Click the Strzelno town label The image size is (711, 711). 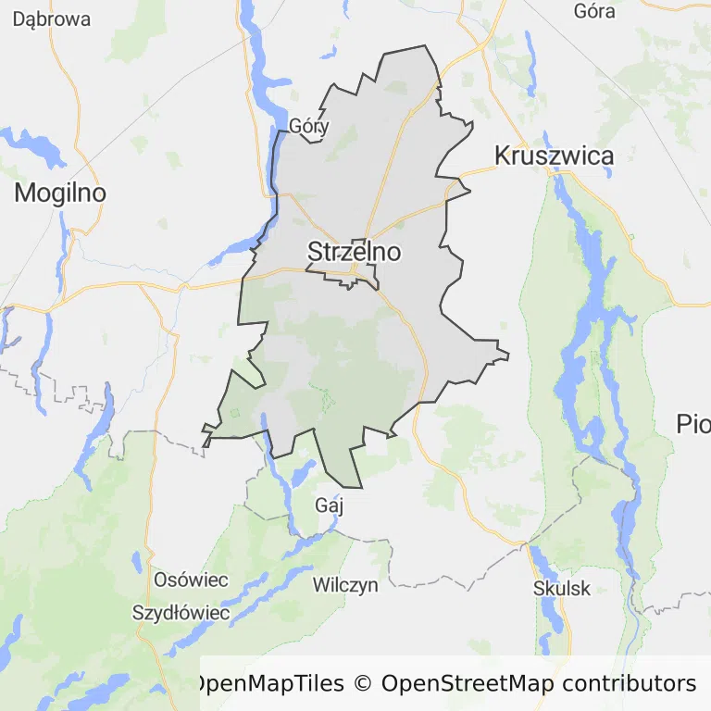click(354, 251)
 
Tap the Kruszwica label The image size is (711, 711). click(554, 156)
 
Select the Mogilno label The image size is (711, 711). click(60, 193)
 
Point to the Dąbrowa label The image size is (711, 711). click(52, 18)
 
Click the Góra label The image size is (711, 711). click(594, 11)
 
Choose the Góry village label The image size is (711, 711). click(309, 126)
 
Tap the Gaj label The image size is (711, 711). click(330, 505)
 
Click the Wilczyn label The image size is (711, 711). click(345, 584)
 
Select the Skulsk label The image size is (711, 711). click(562, 588)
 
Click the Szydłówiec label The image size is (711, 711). click(181, 612)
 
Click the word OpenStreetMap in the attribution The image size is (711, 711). click(468, 684)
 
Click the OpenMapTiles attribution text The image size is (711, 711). click(268, 684)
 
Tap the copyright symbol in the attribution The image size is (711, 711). click(362, 684)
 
